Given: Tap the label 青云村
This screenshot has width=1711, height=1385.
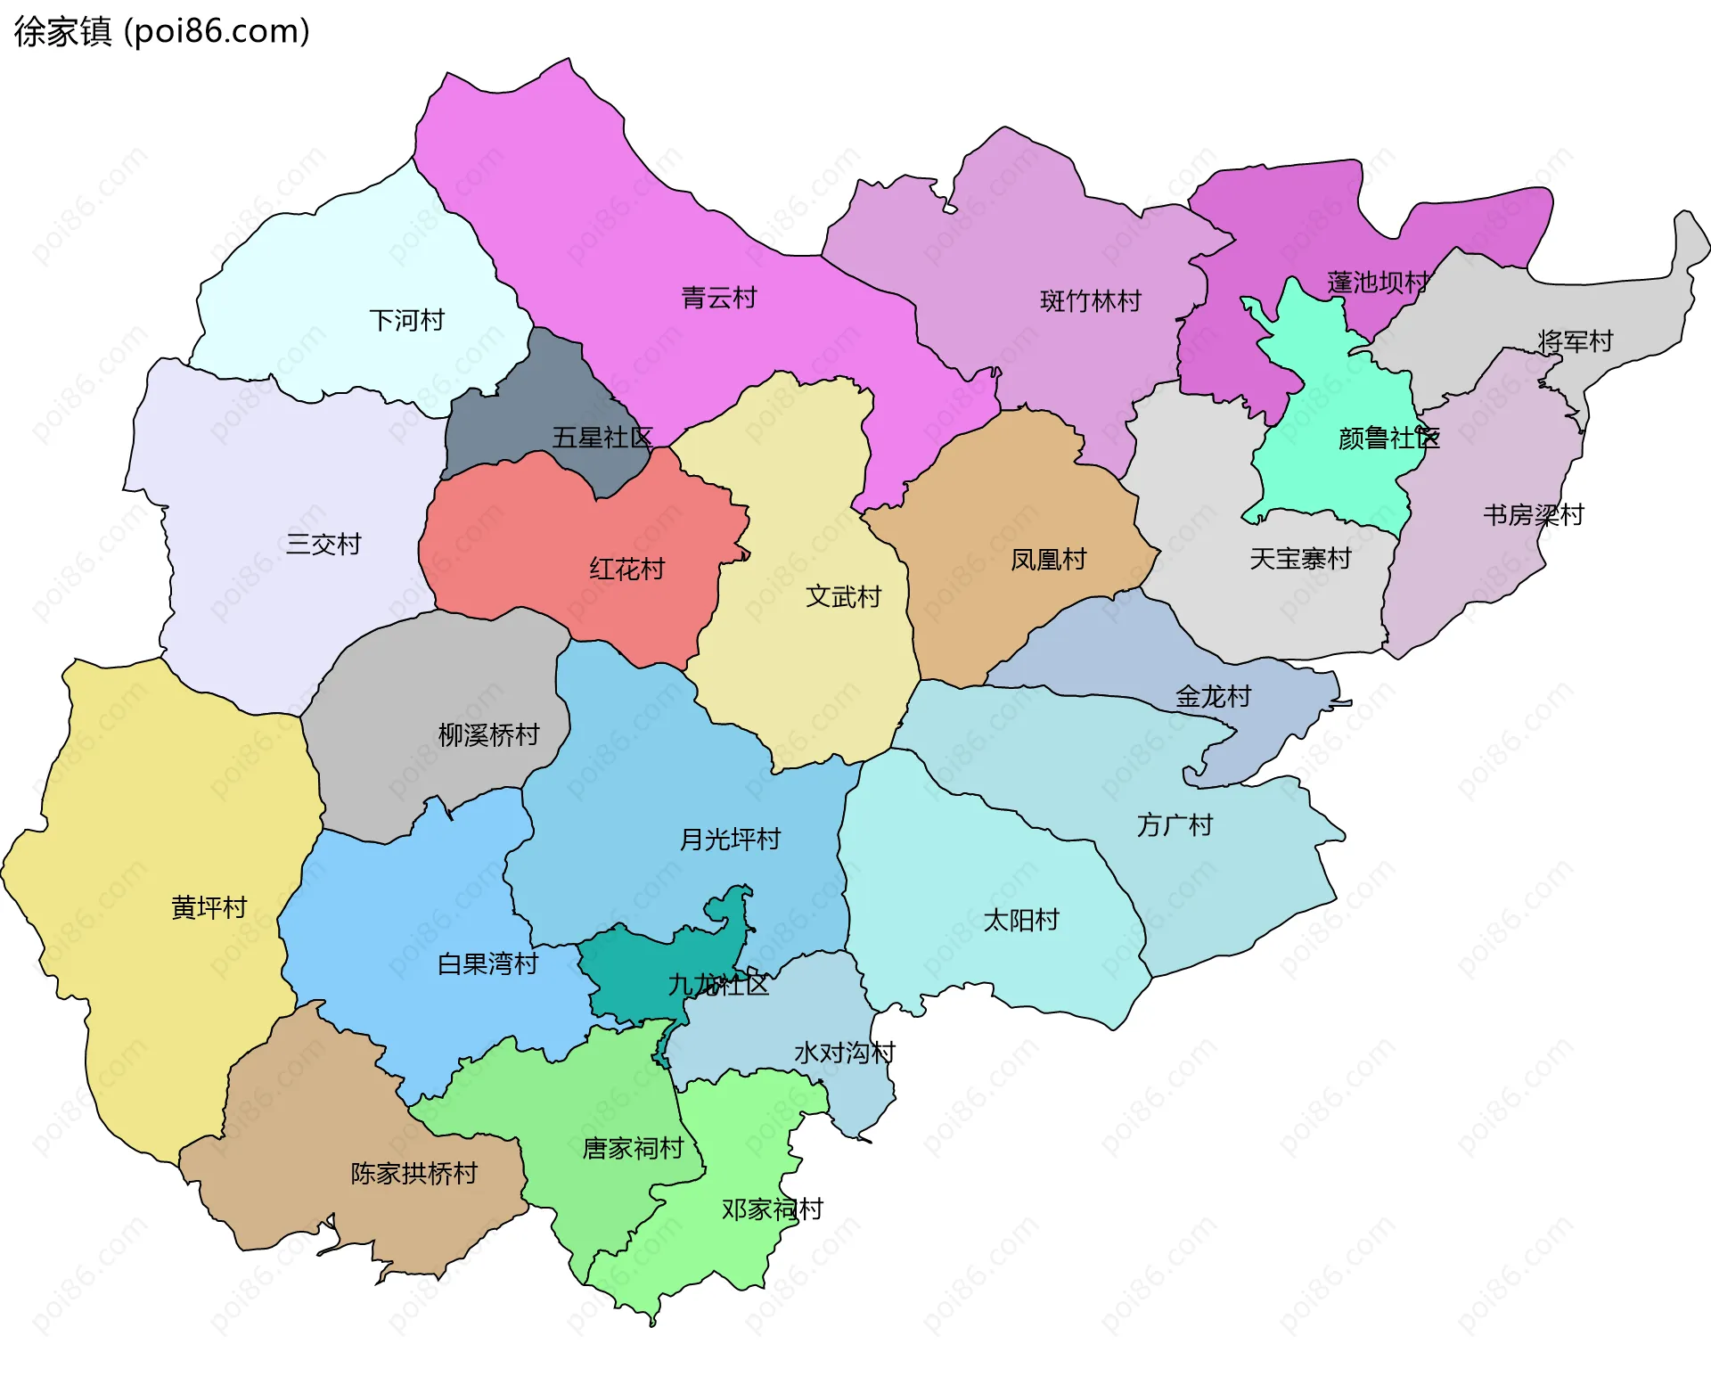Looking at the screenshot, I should point(718,298).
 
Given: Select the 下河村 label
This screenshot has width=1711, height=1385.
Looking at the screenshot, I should point(406,320).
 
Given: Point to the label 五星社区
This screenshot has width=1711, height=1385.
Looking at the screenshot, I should point(602,438).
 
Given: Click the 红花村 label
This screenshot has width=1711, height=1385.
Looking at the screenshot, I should point(626,569).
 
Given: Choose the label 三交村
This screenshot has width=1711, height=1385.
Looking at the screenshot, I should point(323,544).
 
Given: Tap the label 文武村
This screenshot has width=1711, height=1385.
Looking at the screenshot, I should point(843,596).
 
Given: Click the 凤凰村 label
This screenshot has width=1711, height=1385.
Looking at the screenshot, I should point(1048,560).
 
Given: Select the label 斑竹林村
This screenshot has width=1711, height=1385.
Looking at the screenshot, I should point(1090,301).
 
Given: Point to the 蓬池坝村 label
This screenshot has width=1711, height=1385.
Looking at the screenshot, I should point(1378,283).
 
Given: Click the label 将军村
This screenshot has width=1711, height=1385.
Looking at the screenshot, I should point(1575,341).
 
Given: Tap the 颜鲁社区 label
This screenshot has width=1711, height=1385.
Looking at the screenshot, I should point(1388,438).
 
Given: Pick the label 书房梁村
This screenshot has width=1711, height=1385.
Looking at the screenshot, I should point(1533,515).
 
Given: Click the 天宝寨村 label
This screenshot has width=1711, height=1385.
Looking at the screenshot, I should point(1300,559).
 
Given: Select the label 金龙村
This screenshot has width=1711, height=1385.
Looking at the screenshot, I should point(1213,696).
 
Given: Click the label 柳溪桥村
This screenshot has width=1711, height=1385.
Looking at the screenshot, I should point(488,734).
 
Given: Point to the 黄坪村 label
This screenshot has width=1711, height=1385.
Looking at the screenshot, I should point(209,907).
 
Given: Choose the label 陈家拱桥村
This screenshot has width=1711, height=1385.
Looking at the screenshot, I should point(413,1173).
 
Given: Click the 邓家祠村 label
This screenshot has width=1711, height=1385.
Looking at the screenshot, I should point(772,1209).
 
